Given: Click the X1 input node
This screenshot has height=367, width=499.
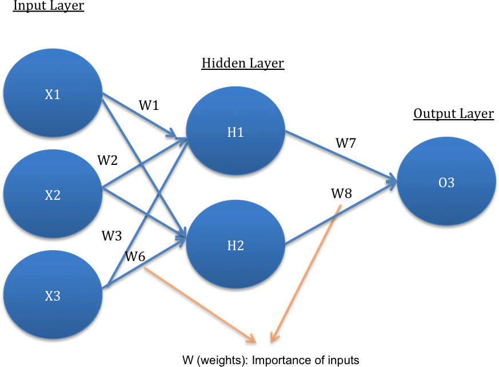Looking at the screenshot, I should [x=53, y=93].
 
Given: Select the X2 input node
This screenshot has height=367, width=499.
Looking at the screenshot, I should [x=53, y=194].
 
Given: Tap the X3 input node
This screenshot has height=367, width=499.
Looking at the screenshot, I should [x=53, y=294].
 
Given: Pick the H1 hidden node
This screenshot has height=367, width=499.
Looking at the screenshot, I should [x=235, y=131].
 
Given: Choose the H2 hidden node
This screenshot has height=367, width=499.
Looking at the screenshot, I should [x=235, y=244].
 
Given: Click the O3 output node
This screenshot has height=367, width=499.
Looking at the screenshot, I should [x=446, y=181].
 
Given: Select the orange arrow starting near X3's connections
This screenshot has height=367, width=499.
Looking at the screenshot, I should [x=200, y=305].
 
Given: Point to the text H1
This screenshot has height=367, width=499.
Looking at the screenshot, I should [x=235, y=133].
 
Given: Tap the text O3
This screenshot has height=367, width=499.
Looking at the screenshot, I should [x=446, y=183].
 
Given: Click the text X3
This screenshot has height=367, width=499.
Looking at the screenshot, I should [x=53, y=297].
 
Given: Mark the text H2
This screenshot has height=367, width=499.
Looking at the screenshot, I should [x=235, y=246].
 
